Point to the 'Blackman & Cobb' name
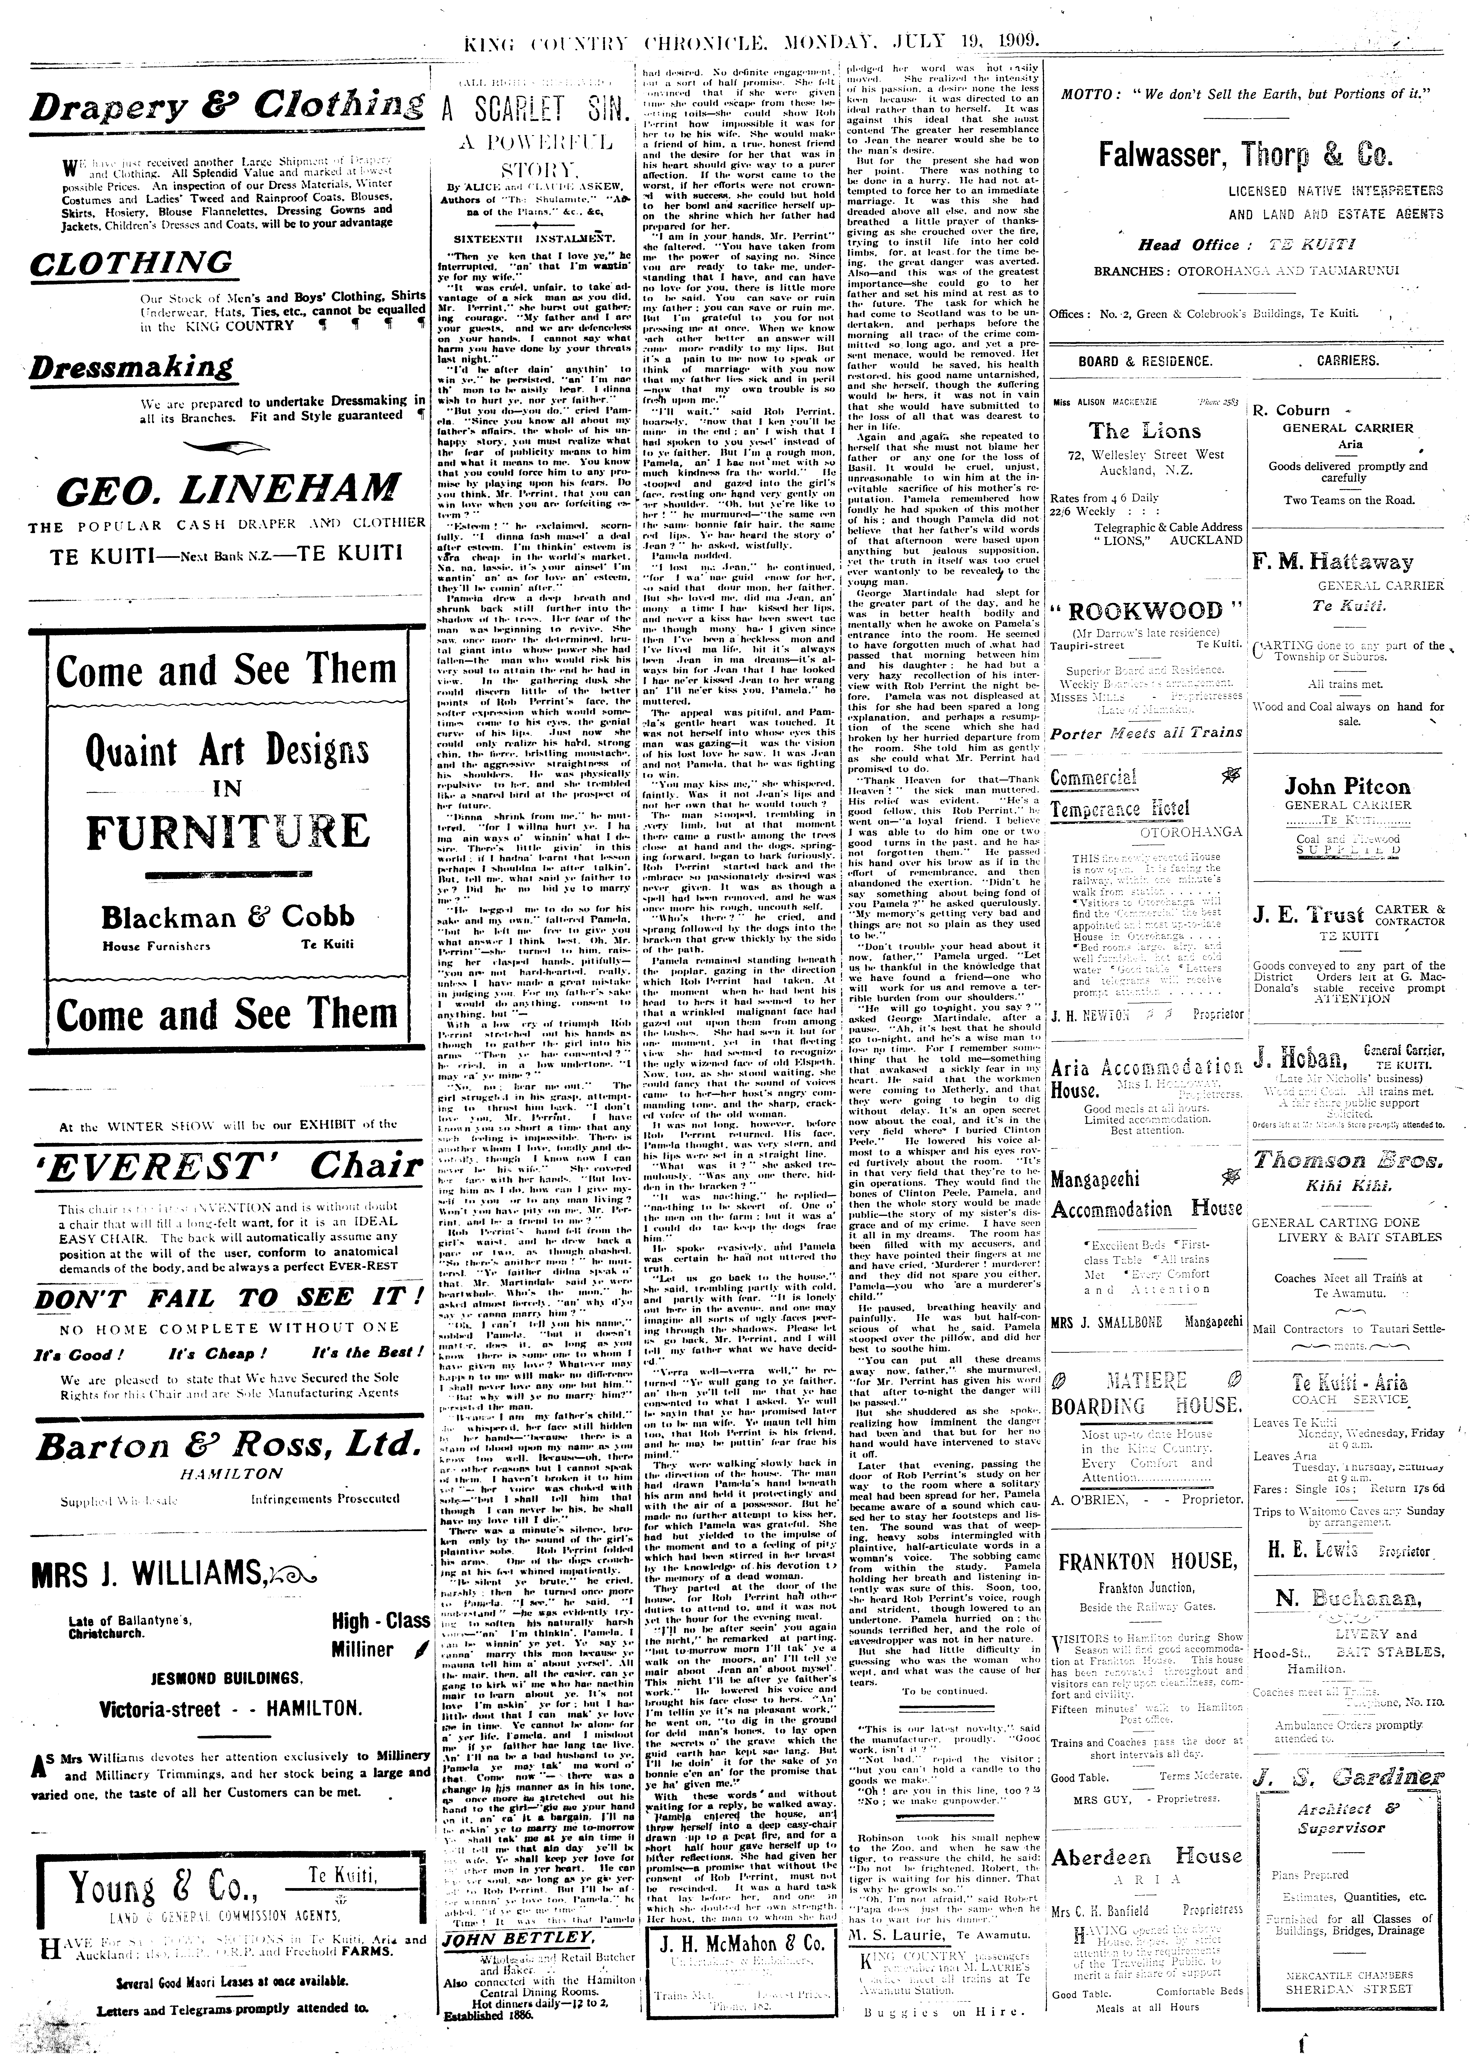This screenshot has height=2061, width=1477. [227, 916]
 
